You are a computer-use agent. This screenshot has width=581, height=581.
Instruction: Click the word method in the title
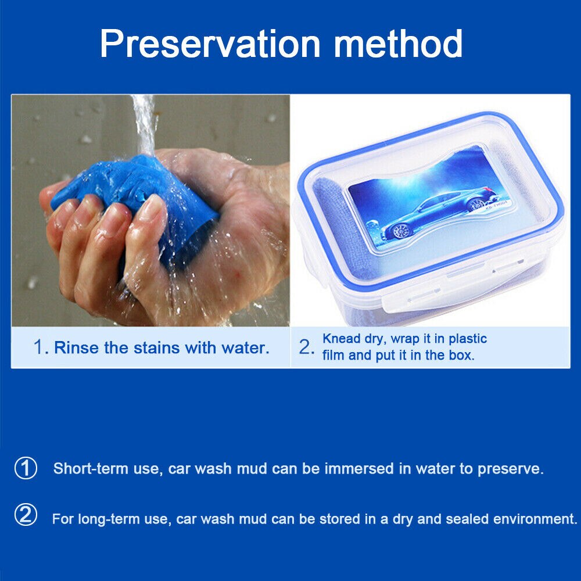click(399, 44)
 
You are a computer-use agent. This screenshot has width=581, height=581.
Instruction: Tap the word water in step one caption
click(245, 347)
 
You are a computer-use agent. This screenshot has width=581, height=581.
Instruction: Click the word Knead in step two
click(341, 339)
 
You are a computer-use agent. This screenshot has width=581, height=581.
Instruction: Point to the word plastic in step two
click(468, 339)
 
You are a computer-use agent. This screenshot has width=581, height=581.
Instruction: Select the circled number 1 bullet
click(26, 468)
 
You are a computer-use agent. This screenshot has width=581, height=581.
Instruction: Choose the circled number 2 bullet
click(26, 515)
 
